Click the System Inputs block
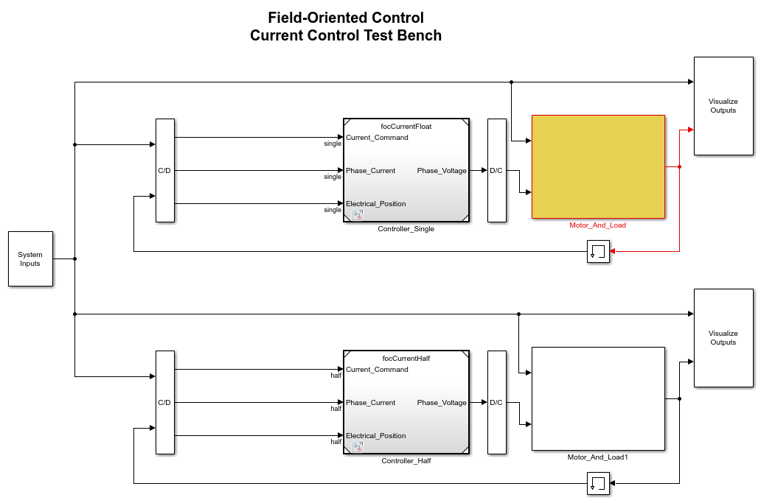30,258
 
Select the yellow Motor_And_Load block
599,166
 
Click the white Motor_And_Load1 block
599,399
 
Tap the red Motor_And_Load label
597,225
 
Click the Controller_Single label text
406,229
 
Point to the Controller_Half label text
406,461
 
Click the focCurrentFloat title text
406,127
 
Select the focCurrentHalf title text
406,359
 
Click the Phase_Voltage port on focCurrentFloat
442,171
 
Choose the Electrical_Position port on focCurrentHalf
375,436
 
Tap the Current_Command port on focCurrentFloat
377,138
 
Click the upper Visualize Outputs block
723,106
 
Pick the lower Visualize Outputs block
723,338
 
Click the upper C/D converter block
165,171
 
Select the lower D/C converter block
496,403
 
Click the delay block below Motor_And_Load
598,252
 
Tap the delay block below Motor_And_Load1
598,484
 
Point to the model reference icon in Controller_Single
358,214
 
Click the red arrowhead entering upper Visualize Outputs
691,130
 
